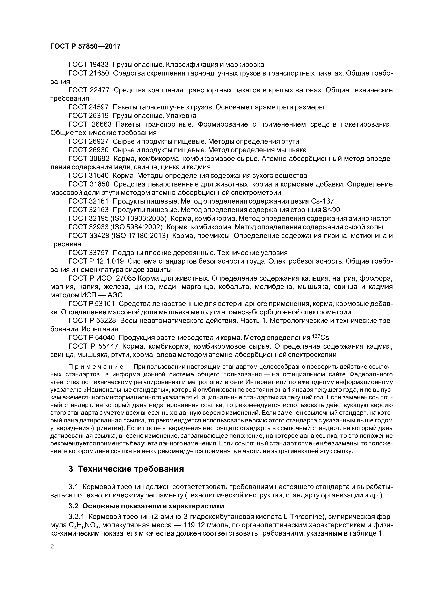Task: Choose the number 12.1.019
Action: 110,261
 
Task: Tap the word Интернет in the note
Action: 259,382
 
